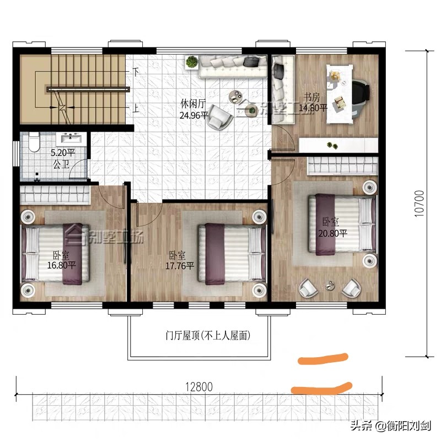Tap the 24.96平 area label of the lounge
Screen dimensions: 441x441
pos(193,116)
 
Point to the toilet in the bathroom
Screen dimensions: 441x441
pos(34,143)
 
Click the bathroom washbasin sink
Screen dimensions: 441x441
pos(70,138)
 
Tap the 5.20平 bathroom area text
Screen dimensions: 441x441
pos(62,154)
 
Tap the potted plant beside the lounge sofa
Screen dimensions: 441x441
pos(191,62)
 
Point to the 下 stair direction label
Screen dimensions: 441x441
pos(136,72)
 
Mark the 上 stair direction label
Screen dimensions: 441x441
pos(136,108)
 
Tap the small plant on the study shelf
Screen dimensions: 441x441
pos(331,146)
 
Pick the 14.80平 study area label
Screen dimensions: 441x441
pos(313,108)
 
